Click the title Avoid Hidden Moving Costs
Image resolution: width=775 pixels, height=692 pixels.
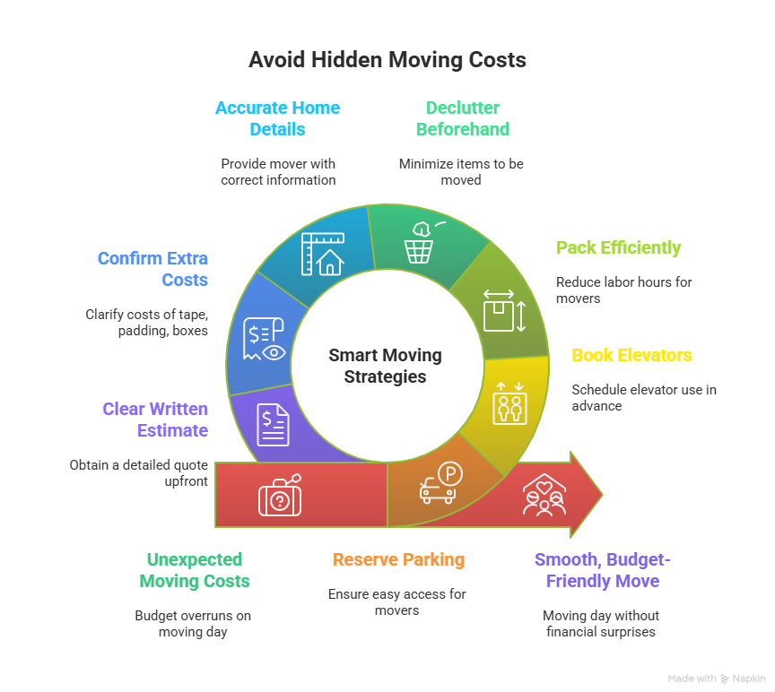387,61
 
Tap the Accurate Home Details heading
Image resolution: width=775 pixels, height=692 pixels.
277,118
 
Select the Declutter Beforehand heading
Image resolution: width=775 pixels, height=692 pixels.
462,118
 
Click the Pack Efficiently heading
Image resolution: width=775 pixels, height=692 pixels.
618,248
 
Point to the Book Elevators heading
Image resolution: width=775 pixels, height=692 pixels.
631,355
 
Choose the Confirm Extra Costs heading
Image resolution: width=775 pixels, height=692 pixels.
152,269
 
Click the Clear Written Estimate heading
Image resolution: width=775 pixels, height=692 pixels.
154,420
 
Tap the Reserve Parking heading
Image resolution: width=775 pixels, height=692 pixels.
398,560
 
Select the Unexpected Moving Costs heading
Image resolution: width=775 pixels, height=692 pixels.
195,570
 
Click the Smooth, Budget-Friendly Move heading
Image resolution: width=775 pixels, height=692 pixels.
602,570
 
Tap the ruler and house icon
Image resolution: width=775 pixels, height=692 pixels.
321,254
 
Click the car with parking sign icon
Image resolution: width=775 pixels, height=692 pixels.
440,484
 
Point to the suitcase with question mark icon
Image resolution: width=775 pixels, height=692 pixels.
280,495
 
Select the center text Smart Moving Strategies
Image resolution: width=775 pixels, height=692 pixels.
386,366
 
